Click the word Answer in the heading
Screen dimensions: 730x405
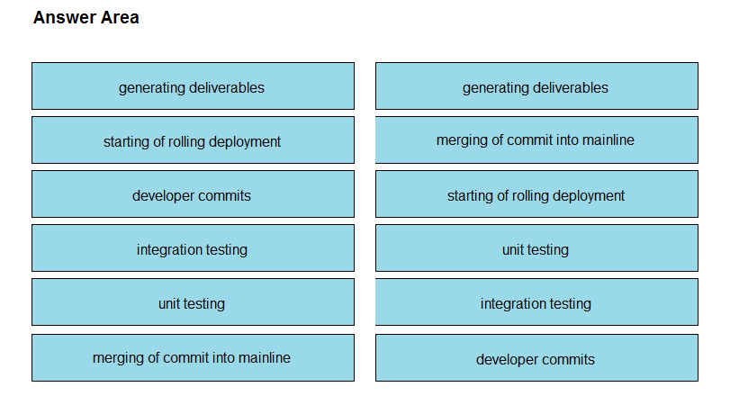click(x=65, y=18)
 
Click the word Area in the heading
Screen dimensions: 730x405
click(x=120, y=18)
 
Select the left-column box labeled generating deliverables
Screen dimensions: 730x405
click(x=193, y=86)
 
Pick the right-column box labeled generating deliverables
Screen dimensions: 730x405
click(x=536, y=86)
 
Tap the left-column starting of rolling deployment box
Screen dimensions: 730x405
click(x=193, y=140)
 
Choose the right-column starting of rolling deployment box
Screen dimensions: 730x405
click(x=536, y=194)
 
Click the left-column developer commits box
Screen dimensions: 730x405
click(x=193, y=194)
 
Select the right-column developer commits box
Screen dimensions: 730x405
click(x=536, y=358)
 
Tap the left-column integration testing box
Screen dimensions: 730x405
click(x=193, y=248)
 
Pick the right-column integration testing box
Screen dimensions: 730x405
click(x=536, y=302)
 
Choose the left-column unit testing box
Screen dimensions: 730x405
click(x=193, y=302)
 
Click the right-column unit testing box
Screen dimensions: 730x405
click(x=536, y=248)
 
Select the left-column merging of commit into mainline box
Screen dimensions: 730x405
click(x=193, y=358)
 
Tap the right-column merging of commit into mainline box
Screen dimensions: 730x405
click(x=536, y=140)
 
